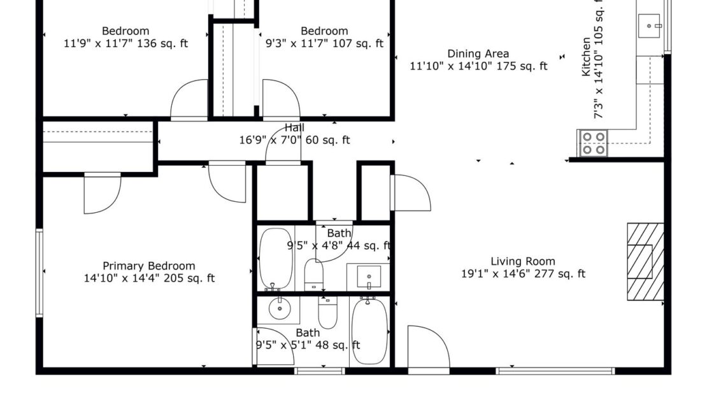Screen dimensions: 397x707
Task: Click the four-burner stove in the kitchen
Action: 593,143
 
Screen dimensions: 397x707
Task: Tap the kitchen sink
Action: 650,26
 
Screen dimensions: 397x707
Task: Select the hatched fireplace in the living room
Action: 645,261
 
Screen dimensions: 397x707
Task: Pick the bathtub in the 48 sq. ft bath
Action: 368,331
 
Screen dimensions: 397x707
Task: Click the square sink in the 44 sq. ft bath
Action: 368,277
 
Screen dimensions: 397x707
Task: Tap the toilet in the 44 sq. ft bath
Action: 315,275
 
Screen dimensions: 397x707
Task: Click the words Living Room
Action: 522,261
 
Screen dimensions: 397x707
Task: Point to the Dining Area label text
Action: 478,54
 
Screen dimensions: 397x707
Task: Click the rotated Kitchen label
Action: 585,57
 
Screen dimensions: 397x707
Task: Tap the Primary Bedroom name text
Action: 149,266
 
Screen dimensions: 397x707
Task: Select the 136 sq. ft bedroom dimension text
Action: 126,43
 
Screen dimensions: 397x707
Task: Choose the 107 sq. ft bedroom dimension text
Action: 324,43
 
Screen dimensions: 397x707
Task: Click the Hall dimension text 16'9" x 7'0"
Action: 294,140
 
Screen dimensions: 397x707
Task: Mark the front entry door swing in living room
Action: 427,347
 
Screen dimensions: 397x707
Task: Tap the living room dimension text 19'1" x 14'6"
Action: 522,274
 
